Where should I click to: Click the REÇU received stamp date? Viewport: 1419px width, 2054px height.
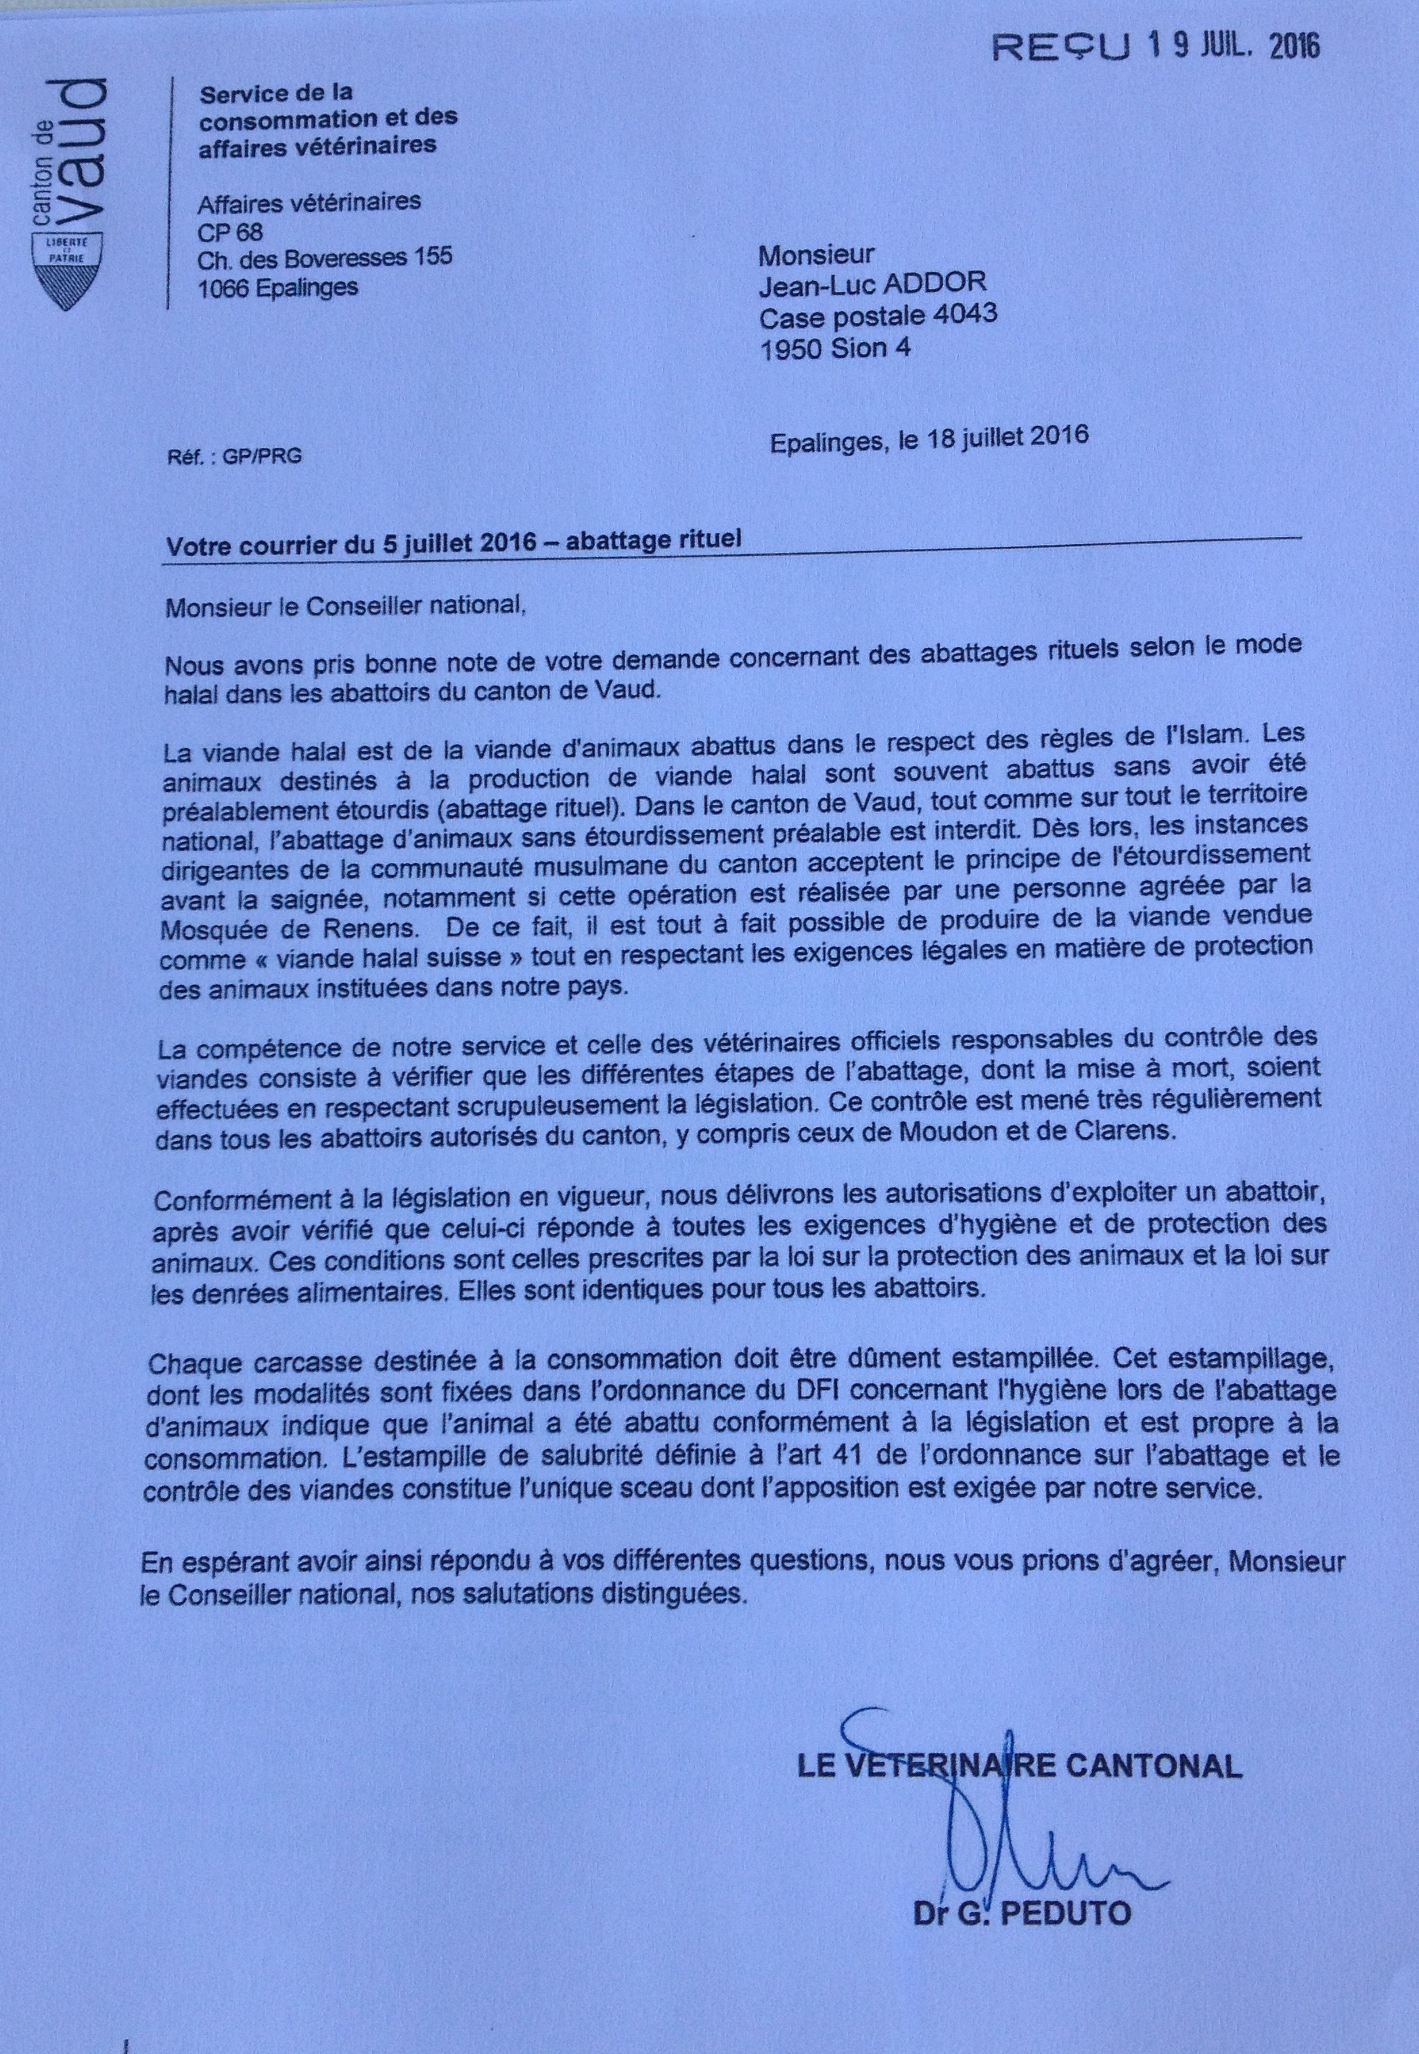[1232, 46]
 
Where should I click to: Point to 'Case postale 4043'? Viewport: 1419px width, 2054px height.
[878, 315]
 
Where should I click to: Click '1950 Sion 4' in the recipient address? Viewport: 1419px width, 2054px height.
[835, 348]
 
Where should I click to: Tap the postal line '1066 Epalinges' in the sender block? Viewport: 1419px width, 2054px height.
[278, 287]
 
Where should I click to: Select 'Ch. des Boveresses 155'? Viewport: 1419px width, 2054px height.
[325, 258]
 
